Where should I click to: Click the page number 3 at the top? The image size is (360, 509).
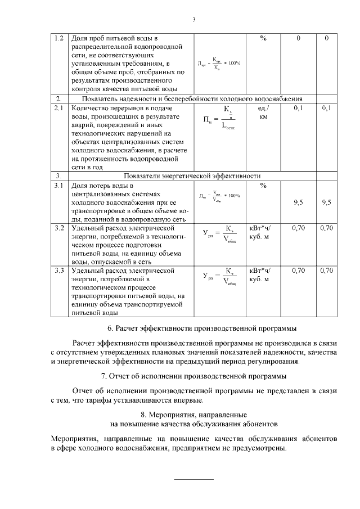[x=193, y=20]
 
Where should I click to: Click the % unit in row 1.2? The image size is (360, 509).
[x=263, y=38]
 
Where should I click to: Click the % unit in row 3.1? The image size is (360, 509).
[x=263, y=185]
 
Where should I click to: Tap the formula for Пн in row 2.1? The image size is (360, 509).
[x=219, y=117]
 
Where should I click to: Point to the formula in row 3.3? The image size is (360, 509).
[x=219, y=277]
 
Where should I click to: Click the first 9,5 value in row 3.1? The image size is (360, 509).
[x=299, y=203]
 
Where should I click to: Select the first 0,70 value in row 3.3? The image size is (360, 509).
[x=299, y=271]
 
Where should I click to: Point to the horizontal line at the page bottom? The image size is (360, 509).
[x=192, y=479]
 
